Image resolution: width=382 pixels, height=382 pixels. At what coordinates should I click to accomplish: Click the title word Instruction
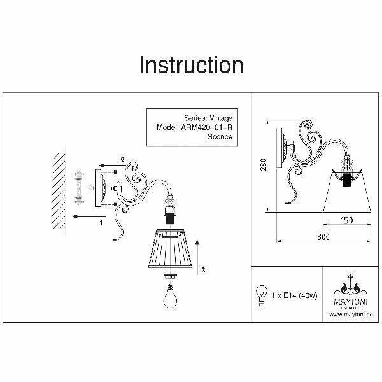point(191,66)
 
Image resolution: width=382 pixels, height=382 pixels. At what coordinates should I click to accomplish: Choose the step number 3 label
point(203,270)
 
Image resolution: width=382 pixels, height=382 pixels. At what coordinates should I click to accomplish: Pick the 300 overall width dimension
point(325,236)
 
